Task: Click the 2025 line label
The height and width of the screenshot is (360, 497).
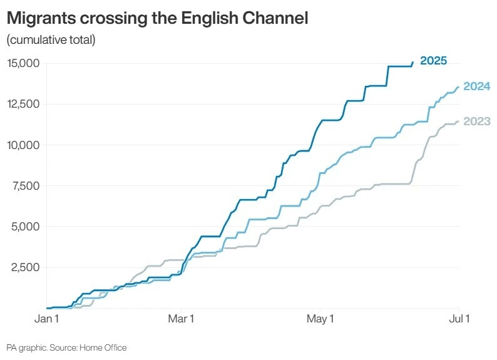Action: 433,61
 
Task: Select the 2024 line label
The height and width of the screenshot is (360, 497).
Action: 476,86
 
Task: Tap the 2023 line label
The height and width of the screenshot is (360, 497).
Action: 476,121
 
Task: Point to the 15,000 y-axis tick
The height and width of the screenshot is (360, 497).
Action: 23,63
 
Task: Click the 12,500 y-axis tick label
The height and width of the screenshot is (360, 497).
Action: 23,104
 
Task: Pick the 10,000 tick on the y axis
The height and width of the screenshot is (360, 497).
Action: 23,145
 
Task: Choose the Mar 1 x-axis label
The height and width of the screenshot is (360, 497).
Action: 182,319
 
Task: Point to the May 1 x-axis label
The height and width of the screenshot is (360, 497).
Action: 319,319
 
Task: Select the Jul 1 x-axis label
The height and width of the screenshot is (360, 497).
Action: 459,319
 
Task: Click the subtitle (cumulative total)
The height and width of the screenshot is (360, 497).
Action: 51,41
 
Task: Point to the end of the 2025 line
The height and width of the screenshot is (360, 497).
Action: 412,62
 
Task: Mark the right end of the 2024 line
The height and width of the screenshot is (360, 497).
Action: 459,86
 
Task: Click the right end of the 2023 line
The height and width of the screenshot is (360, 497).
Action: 459,121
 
